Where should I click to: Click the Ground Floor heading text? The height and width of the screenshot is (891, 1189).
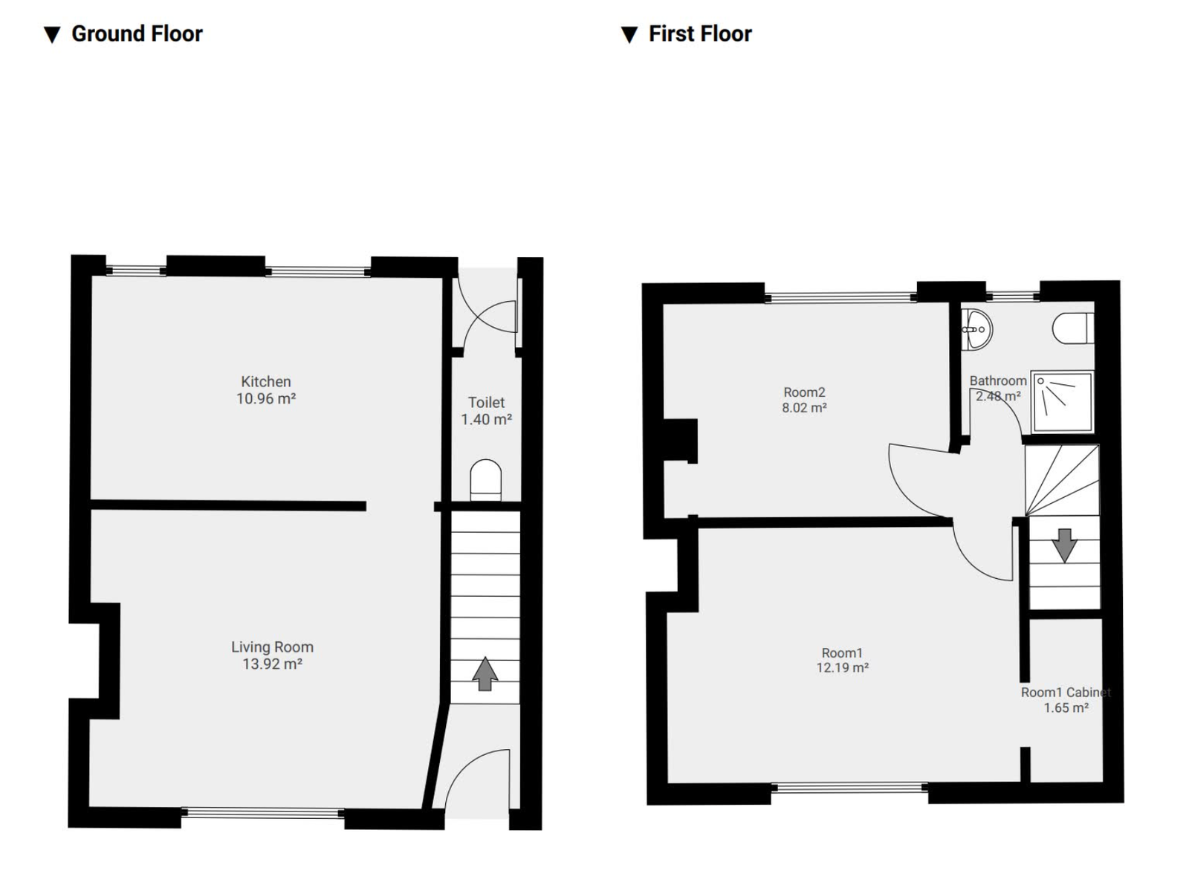coord(137,33)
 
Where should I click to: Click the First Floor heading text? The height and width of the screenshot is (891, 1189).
coord(699,33)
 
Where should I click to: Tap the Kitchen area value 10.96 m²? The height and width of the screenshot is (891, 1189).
coord(266,399)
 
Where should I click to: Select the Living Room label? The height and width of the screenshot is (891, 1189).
coord(272,647)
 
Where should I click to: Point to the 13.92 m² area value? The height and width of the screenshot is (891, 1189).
coord(272,664)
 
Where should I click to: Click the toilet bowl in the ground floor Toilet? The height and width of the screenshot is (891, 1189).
coord(486,480)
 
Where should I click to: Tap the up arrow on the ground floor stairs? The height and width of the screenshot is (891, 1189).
coord(485,673)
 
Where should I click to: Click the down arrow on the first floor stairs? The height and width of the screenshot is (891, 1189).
coord(1064,545)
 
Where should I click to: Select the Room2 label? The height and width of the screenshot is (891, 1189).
coord(804,392)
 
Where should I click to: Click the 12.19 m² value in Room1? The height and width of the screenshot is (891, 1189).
coord(842,668)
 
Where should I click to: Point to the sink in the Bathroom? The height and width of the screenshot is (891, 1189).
coord(976,329)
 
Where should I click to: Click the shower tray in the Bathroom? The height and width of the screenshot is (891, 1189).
coord(1063,401)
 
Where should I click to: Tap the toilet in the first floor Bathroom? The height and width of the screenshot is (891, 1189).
coord(1073,328)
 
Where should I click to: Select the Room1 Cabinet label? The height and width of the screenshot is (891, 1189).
coord(1065,692)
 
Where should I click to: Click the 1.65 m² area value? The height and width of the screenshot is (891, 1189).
coord(1066,708)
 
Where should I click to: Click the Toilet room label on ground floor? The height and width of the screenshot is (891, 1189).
coord(486,402)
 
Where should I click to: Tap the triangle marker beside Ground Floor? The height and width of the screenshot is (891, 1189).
coord(51,35)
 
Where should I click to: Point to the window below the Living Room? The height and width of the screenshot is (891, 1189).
coord(262,813)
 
